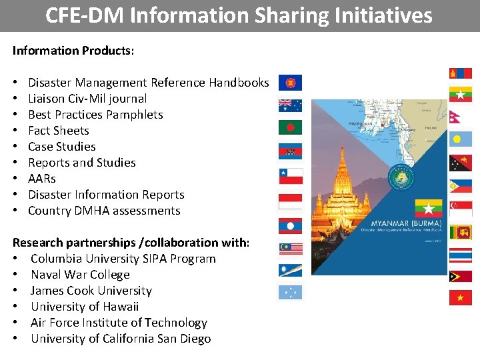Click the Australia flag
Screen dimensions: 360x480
(x=290, y=105)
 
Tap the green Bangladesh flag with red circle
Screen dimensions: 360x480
(x=290, y=127)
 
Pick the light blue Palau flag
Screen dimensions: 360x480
(x=460, y=139)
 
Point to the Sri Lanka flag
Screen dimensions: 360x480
(x=460, y=232)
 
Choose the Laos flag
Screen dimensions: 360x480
(x=290, y=226)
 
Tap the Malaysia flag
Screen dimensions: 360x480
(x=290, y=249)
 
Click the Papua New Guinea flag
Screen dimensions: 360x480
(x=460, y=163)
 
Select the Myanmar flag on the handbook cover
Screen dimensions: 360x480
(x=428, y=207)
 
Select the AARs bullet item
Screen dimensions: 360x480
(x=42, y=179)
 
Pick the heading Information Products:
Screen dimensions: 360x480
(x=73, y=51)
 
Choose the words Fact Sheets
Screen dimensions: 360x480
(x=59, y=131)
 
